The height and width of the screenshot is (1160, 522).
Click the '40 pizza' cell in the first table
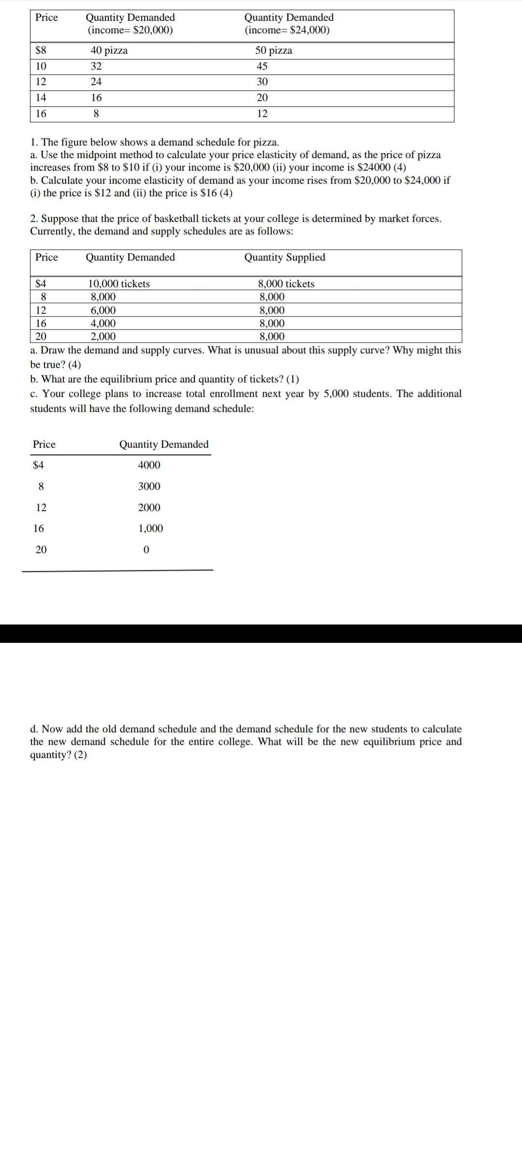click(109, 51)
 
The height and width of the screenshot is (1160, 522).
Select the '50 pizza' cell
click(274, 51)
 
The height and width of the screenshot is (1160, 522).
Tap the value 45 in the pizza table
click(262, 66)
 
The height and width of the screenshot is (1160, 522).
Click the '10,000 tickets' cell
click(119, 284)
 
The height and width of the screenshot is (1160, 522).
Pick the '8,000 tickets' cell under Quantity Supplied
click(286, 284)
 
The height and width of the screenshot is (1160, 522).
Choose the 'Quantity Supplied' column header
click(285, 257)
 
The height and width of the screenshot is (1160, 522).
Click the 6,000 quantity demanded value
click(103, 310)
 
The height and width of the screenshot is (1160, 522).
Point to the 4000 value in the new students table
click(149, 465)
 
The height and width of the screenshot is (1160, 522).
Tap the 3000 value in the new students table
click(149, 486)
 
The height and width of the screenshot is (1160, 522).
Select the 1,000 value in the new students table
click(151, 528)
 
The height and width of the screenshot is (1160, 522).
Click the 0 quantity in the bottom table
click(146, 550)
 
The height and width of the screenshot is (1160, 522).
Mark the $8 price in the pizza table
click(41, 51)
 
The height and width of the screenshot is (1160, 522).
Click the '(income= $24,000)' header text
click(287, 30)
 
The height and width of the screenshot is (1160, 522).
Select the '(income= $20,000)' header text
click(130, 30)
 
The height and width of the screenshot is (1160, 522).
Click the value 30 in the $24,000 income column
click(262, 82)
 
